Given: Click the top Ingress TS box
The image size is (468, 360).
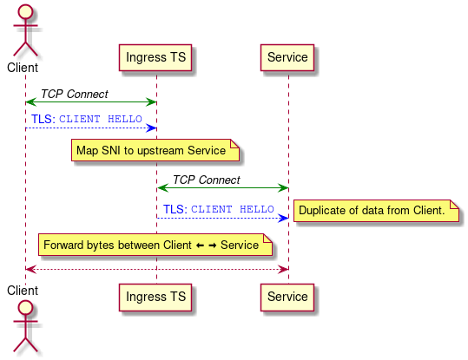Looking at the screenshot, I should pyautogui.click(x=155, y=57).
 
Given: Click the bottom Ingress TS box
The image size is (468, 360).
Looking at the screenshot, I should pyautogui.click(x=155, y=297).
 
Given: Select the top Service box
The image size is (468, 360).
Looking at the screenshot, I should pyautogui.click(x=287, y=57).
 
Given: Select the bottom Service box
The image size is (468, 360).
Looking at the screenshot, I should pyautogui.click(x=287, y=297).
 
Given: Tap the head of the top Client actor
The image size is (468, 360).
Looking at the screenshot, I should pyautogui.click(x=25, y=13).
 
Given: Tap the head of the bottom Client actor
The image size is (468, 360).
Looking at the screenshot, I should pyautogui.click(x=25, y=312).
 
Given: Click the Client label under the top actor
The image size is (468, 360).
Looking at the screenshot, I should pyautogui.click(x=23, y=67).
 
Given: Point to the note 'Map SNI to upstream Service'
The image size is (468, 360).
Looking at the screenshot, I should pyautogui.click(x=155, y=151).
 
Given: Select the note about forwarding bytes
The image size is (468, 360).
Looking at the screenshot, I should pyautogui.click(x=155, y=245).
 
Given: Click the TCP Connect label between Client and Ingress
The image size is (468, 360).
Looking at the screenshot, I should pyautogui.click(x=75, y=94).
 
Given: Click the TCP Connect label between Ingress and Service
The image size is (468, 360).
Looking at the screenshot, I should pyautogui.click(x=206, y=180).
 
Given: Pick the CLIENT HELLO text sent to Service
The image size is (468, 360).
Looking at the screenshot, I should pyautogui.click(x=233, y=210).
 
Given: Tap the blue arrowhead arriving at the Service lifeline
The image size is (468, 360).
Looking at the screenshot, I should pyautogui.click(x=283, y=218).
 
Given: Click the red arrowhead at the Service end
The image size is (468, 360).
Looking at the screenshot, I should pyautogui.click(x=283, y=269).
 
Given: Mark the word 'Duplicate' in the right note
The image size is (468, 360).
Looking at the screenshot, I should pyautogui.click(x=324, y=211).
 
